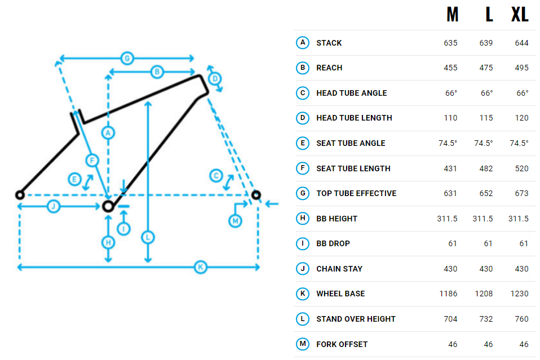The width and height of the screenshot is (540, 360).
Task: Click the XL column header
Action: (x=520, y=15)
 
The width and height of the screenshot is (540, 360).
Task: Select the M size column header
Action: (x=452, y=15)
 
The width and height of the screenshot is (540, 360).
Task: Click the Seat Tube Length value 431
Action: (x=450, y=168)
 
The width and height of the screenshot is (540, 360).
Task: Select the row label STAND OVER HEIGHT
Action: (x=356, y=319)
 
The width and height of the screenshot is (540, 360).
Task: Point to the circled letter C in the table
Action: (x=303, y=93)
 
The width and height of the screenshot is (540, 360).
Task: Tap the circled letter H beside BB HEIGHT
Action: (x=303, y=219)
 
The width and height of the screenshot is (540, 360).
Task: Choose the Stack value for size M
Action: (x=450, y=43)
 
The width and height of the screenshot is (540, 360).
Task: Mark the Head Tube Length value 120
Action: (x=521, y=118)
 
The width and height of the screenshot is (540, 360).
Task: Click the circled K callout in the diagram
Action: (x=200, y=267)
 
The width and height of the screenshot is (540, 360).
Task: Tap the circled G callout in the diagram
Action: (x=127, y=58)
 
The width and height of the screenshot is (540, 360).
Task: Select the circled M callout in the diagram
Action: (x=236, y=221)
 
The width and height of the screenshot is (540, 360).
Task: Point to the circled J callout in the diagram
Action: (x=53, y=207)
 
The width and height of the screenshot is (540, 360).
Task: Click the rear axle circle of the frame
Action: (x=20, y=195)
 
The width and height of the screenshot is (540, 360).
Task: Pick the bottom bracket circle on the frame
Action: (x=109, y=206)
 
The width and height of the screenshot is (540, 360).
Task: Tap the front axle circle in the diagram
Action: (x=256, y=195)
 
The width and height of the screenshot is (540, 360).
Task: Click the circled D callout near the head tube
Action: (x=214, y=78)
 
